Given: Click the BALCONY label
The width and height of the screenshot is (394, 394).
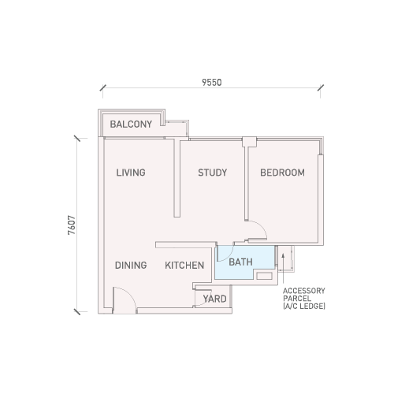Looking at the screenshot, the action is pos(131,125).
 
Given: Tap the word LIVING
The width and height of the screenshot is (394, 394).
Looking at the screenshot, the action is pos(131,173).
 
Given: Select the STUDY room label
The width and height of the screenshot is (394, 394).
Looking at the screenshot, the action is pos(213,173).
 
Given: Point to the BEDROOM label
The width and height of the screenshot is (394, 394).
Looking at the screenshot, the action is pos(282,173).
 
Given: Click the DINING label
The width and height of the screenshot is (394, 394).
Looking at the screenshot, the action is pos(131,266).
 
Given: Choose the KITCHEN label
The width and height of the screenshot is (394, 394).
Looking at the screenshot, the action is pos(184,266).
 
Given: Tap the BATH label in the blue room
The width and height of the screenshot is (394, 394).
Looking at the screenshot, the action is pos(240,262).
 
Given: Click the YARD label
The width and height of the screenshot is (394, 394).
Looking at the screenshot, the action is pos(214,299).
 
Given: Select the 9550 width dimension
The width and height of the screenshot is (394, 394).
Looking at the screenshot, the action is pos(212,83).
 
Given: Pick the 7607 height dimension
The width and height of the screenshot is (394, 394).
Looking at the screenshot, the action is pos(72,225).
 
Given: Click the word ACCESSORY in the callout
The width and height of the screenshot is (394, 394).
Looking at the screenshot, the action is pos(304,291).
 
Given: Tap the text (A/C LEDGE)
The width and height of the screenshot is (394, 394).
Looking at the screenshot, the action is pos(304,306).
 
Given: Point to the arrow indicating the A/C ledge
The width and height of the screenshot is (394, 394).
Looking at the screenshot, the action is pos(283,268).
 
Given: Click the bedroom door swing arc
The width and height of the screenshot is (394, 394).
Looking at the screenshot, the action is pos(262,226).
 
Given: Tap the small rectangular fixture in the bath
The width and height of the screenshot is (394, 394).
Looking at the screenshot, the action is pos(264,276).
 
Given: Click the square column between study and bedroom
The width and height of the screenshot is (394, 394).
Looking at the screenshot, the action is pos(249,142).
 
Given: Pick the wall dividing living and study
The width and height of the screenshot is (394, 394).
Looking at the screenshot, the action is pos(177,178).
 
